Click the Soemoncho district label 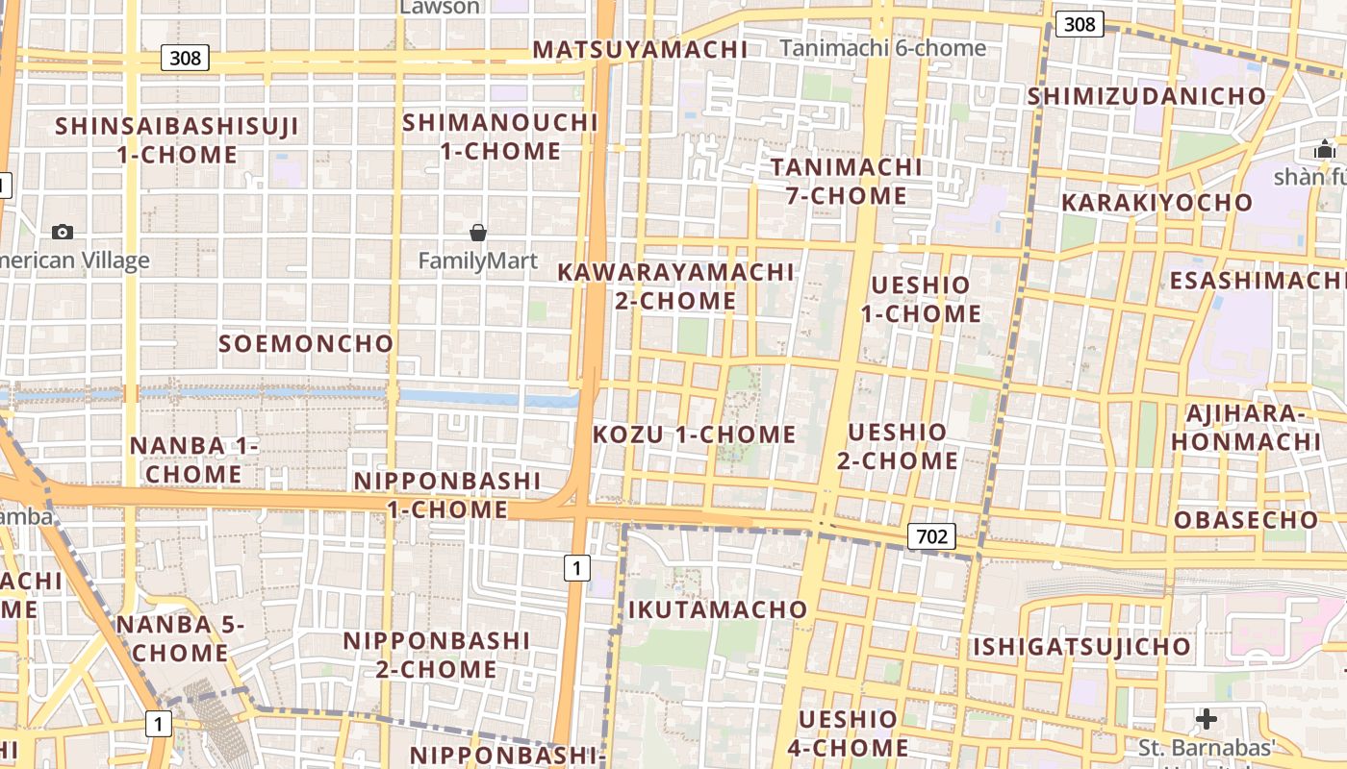(x=306, y=343)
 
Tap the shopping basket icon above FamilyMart (x=477, y=232)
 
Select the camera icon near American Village (x=63, y=232)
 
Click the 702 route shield (x=931, y=536)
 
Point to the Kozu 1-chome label (x=694, y=434)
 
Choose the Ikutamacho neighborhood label (x=718, y=609)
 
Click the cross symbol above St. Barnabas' (x=1206, y=719)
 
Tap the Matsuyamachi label (x=640, y=49)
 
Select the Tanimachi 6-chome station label (x=882, y=48)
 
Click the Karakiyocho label (x=1156, y=203)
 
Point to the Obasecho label (x=1246, y=520)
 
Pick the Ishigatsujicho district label (x=1081, y=646)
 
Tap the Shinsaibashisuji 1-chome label (x=177, y=140)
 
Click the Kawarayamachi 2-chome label (x=675, y=286)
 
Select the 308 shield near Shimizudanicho (x=1079, y=24)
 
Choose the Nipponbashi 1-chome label (x=446, y=495)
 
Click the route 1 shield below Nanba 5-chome (x=158, y=723)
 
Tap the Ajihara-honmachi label (x=1245, y=428)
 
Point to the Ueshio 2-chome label (x=897, y=446)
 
